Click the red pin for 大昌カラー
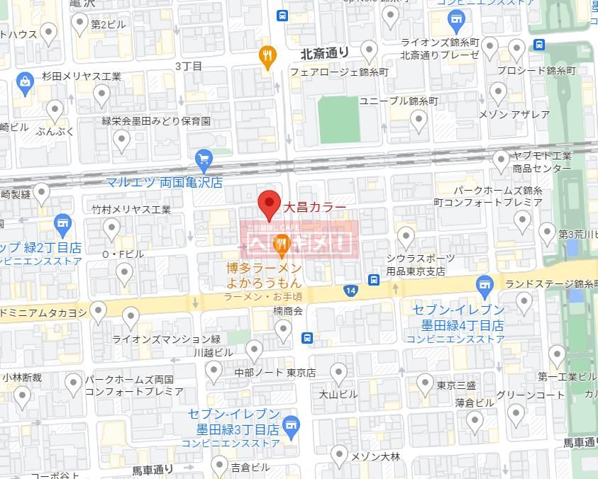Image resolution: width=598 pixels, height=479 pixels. (269, 204)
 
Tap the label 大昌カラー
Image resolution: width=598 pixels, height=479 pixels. (315, 208)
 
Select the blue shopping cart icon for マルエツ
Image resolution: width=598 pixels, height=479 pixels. (204, 159)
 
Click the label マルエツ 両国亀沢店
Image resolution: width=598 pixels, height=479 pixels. (165, 182)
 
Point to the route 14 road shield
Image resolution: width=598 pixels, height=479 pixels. (350, 291)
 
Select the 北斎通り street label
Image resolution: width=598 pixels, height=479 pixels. (325, 52)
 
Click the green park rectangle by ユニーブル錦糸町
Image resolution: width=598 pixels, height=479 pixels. (338, 119)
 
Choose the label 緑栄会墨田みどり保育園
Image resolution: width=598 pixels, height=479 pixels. (156, 121)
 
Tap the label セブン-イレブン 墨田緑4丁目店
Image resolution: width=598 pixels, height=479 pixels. (458, 317)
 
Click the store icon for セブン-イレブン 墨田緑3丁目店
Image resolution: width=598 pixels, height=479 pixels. (290, 425)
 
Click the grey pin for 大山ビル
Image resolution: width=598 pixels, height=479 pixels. (339, 373)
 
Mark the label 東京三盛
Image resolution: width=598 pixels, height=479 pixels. (456, 385)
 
